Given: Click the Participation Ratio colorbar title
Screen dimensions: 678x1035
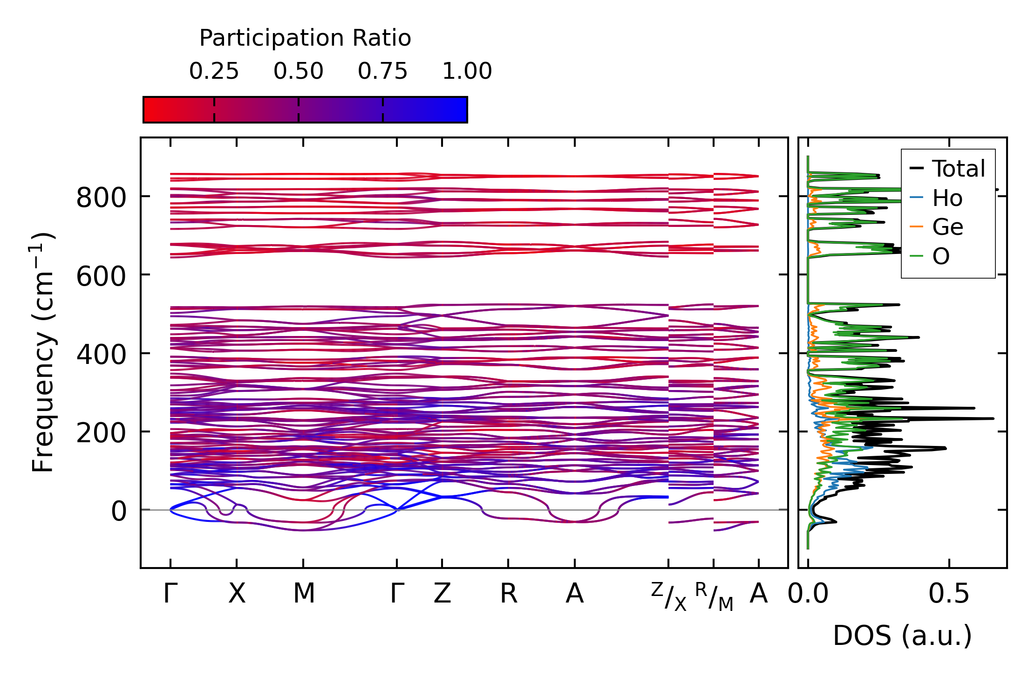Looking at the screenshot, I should coord(305,38).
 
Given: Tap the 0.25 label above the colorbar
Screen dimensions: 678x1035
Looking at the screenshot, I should coord(214,71).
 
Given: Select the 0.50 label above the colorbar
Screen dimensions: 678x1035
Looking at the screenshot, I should coord(298,71).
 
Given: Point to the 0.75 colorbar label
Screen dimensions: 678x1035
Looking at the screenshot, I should coord(382,71).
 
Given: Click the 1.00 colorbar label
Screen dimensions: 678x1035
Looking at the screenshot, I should coord(467,71).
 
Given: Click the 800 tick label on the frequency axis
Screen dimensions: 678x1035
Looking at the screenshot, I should coord(101,198).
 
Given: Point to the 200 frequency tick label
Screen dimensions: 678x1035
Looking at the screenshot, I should coord(101,433).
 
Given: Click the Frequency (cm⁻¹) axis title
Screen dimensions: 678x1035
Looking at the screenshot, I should coord(43,352).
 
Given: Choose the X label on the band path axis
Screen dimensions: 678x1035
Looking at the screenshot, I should coord(237,594).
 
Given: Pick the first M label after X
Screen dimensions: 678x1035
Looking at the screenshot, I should coord(304,594).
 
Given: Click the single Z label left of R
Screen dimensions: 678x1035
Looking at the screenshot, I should coord(442,594).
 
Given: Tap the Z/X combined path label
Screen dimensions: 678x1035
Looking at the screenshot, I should coord(669,596).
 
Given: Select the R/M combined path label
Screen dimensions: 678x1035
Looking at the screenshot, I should coord(714,596).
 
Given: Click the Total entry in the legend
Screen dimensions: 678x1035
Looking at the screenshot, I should coord(958,169).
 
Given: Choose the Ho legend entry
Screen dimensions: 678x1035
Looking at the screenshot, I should coord(947,199).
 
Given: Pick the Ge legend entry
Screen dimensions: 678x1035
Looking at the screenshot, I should coord(947,227).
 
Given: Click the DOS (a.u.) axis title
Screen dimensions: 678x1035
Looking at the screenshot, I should coord(902,636).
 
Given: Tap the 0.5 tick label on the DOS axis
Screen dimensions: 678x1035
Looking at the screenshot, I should coord(948,594).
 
